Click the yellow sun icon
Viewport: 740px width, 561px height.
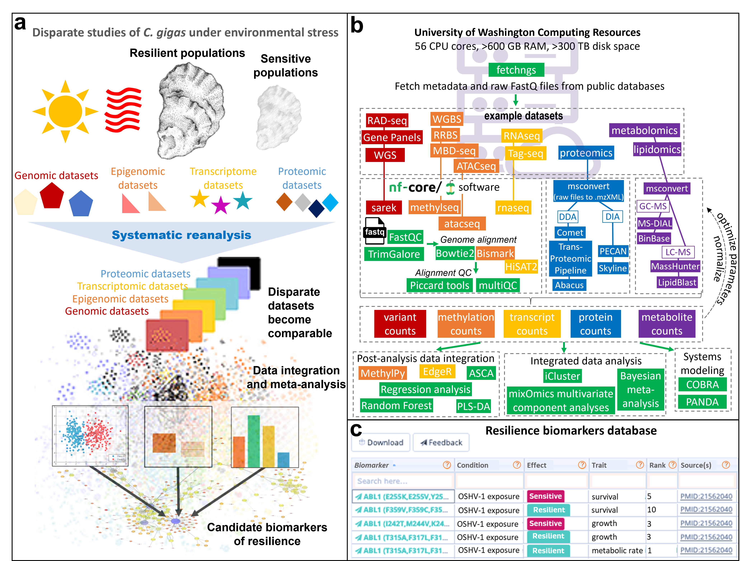pos(65,111)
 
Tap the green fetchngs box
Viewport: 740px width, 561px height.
pos(516,70)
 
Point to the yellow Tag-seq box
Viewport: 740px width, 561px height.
pos(525,154)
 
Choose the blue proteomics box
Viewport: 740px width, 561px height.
pos(586,153)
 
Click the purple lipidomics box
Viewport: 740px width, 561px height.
pos(657,149)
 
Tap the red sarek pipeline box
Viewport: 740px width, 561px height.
pos(383,208)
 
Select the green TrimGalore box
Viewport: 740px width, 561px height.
pos(394,254)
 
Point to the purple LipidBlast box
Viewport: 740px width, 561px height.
pos(677,282)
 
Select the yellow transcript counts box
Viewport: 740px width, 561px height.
pos(532,324)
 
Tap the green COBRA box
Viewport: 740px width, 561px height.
pos(702,385)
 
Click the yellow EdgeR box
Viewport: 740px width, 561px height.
pos(437,371)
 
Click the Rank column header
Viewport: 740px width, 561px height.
pos(657,465)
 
